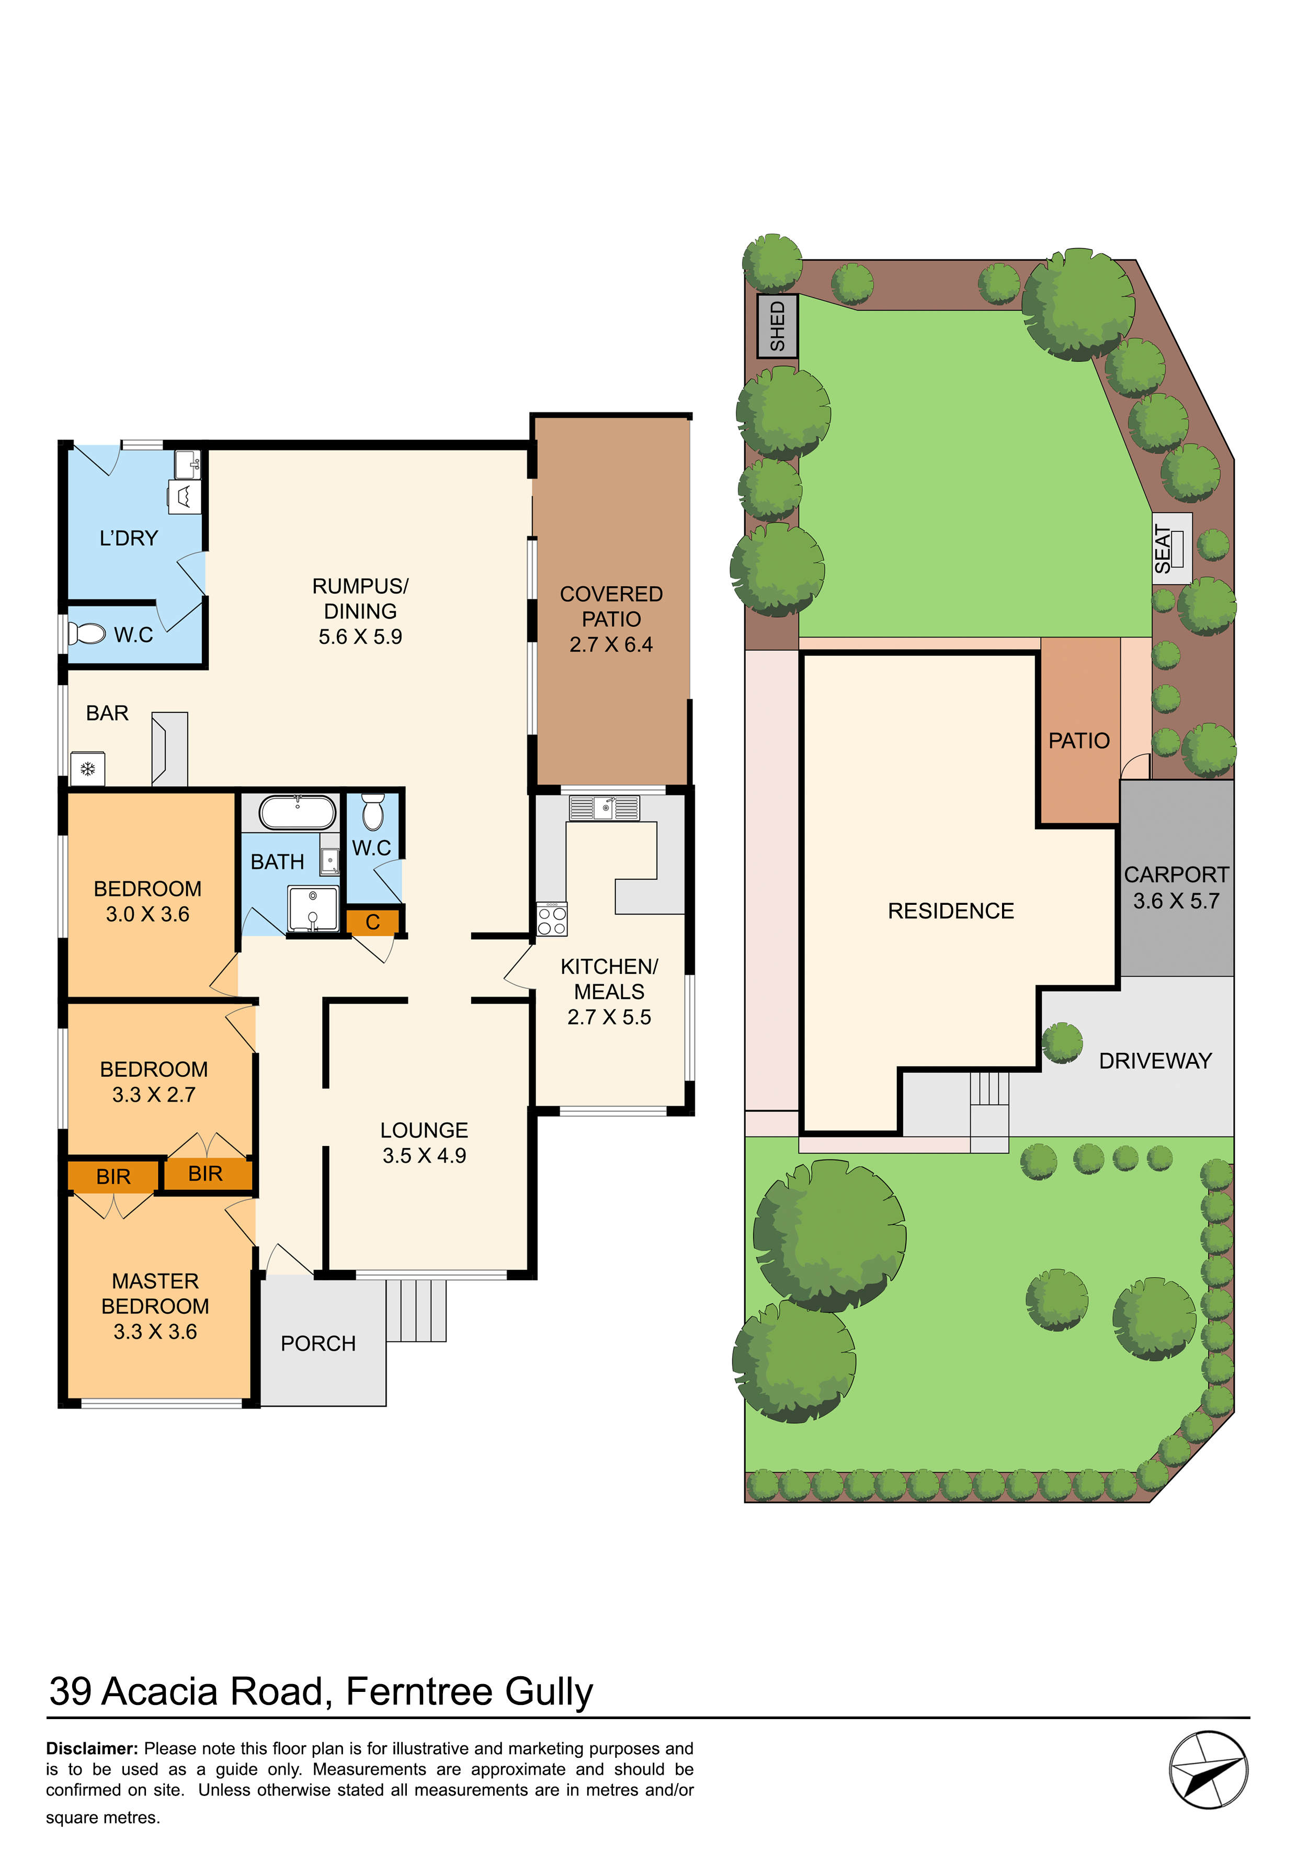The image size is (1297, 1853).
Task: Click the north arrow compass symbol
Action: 1208,1769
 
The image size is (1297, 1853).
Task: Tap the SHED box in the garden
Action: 777,326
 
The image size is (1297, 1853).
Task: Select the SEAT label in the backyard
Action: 1162,549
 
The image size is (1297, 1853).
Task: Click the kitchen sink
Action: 604,808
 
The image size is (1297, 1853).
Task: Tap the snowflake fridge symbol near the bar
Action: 88,769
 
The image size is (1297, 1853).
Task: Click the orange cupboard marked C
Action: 373,922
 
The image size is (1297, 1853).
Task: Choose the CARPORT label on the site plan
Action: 1176,875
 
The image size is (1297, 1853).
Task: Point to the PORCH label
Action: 318,1343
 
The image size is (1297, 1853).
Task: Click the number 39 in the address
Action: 70,1691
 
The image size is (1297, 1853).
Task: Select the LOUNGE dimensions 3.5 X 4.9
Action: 425,1156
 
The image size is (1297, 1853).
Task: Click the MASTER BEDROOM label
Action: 155,1293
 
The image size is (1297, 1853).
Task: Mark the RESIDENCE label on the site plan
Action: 951,911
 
